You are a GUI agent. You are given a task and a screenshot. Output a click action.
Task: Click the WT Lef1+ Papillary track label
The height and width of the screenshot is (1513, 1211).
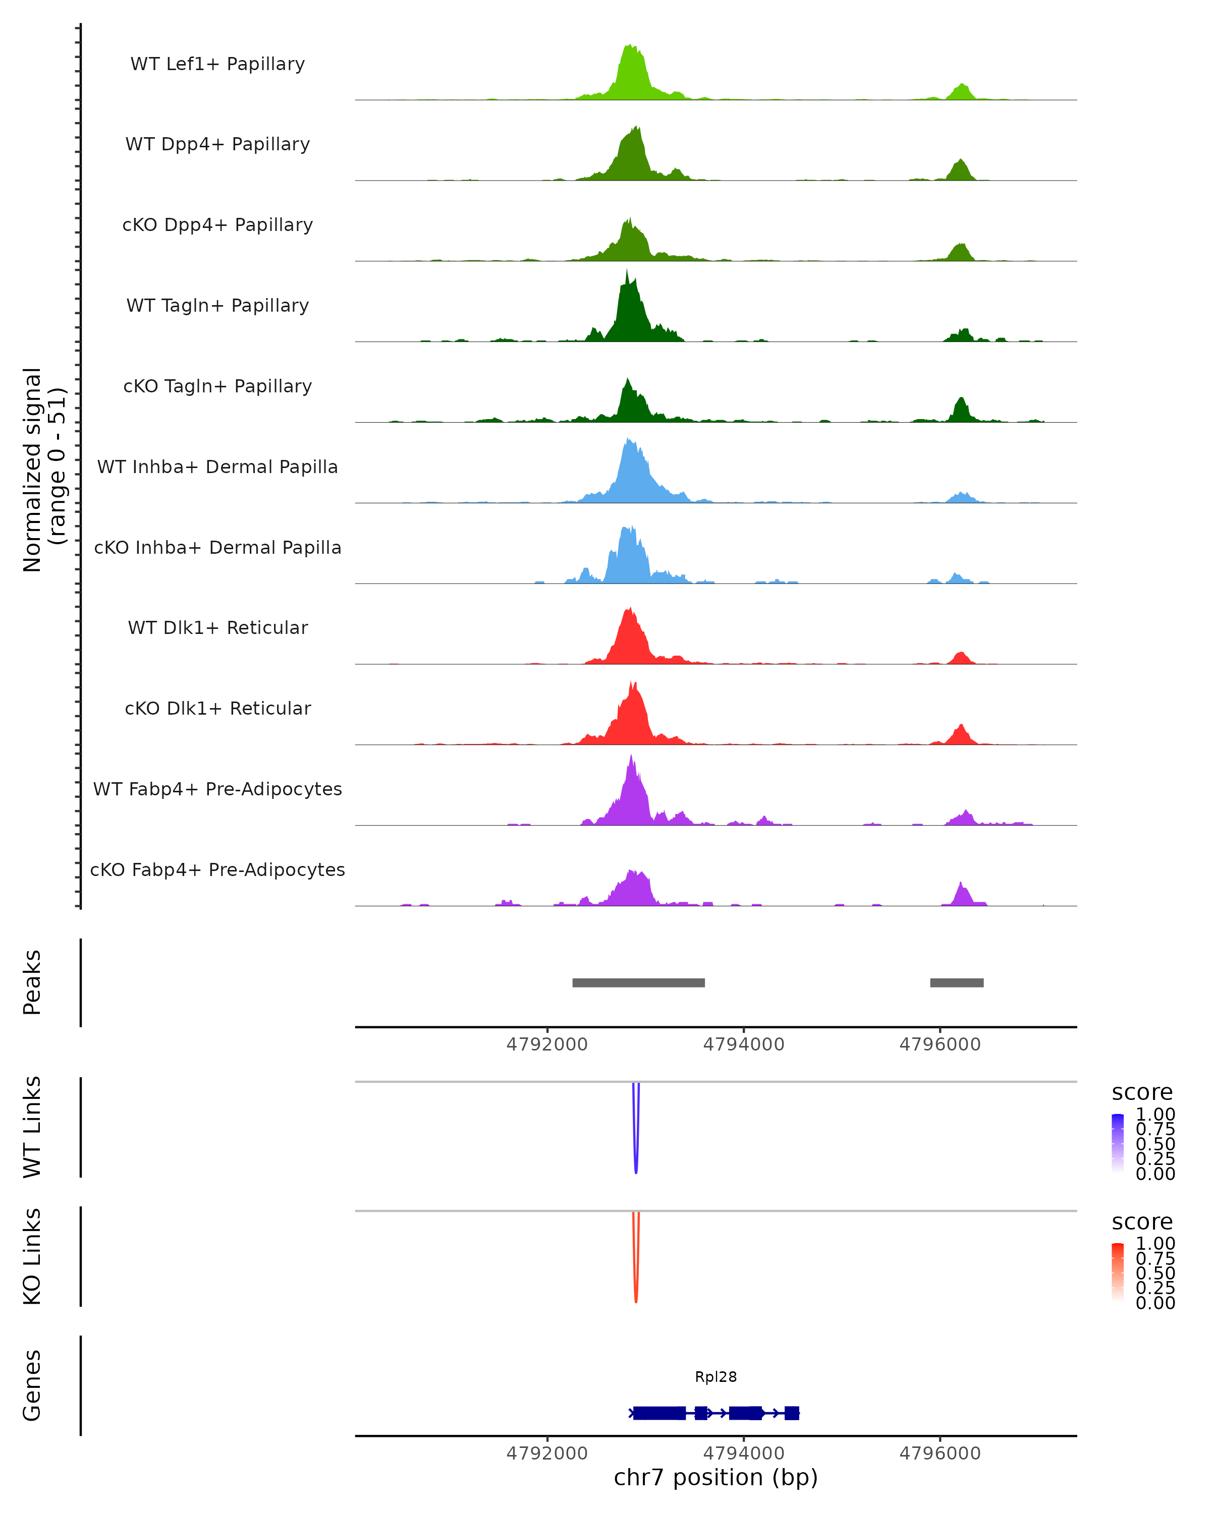[217, 64]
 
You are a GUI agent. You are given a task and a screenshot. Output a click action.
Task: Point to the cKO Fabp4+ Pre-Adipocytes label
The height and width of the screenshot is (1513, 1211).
[217, 869]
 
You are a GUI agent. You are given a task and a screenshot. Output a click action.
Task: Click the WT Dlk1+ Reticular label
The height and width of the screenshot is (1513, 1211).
[217, 627]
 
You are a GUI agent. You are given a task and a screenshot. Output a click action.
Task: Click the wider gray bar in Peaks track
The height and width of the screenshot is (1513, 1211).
[638, 982]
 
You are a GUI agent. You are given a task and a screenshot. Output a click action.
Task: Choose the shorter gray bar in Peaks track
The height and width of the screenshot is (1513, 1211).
[956, 982]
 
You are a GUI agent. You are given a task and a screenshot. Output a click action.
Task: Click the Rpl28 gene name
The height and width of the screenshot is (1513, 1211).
[715, 1376]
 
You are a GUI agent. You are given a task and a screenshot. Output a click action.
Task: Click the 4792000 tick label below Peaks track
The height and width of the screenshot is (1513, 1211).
[547, 1044]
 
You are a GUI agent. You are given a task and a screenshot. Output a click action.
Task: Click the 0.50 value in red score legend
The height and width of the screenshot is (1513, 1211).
[1155, 1273]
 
